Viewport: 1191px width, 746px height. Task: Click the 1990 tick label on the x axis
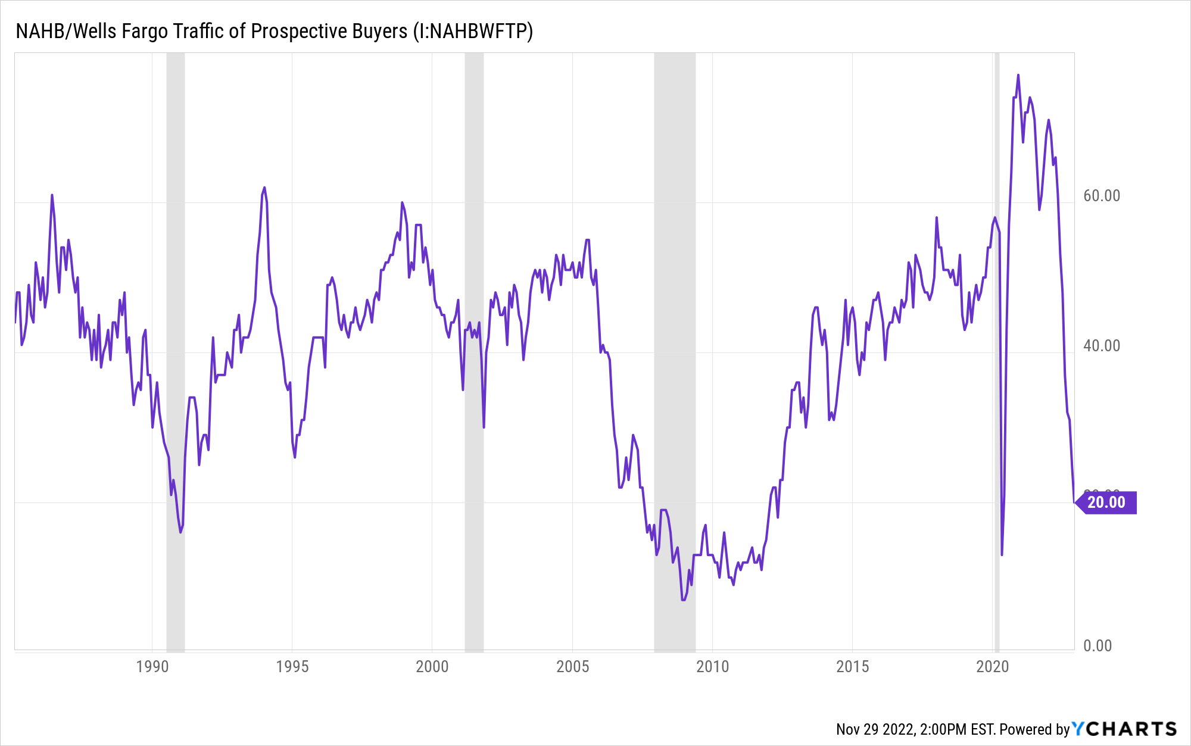point(152,666)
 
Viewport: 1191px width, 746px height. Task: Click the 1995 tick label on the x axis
point(292,666)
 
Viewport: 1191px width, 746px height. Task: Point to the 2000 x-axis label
point(432,666)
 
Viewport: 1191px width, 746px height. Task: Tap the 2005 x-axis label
point(572,666)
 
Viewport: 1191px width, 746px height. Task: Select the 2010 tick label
point(712,666)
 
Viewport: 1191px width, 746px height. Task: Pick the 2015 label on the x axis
point(852,666)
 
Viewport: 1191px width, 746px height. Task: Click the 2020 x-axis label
point(992,666)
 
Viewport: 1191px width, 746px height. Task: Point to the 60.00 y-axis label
point(1101,196)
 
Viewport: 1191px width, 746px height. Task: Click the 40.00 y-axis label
point(1101,346)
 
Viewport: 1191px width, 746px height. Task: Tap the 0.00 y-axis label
point(1098,646)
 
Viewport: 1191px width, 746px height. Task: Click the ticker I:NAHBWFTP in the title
point(476,31)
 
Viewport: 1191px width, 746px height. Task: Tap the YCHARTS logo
point(1124,729)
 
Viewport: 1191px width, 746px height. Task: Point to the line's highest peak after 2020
point(1018,76)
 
